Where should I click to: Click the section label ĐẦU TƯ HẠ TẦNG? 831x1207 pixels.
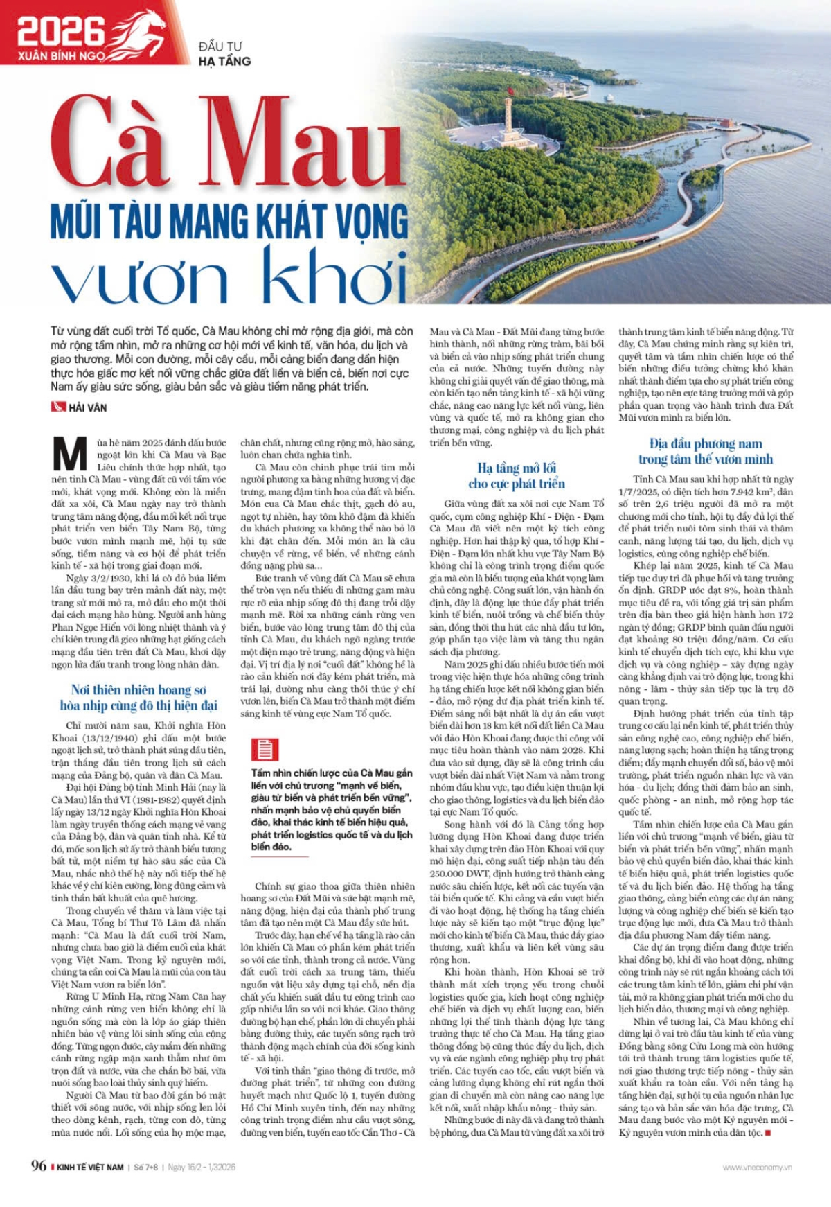click(224, 54)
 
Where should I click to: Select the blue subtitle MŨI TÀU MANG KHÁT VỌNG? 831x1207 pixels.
click(229, 222)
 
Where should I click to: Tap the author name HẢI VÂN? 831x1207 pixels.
click(88, 407)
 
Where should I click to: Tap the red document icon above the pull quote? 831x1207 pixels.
click(263, 750)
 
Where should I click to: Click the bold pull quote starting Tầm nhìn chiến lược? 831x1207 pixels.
click(332, 809)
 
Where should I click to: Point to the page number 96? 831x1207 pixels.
click(39, 1165)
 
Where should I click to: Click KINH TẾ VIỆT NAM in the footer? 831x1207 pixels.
click(90, 1168)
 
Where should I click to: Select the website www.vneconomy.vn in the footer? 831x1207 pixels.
click(757, 1168)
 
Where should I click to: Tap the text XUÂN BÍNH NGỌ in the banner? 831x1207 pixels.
click(62, 55)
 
